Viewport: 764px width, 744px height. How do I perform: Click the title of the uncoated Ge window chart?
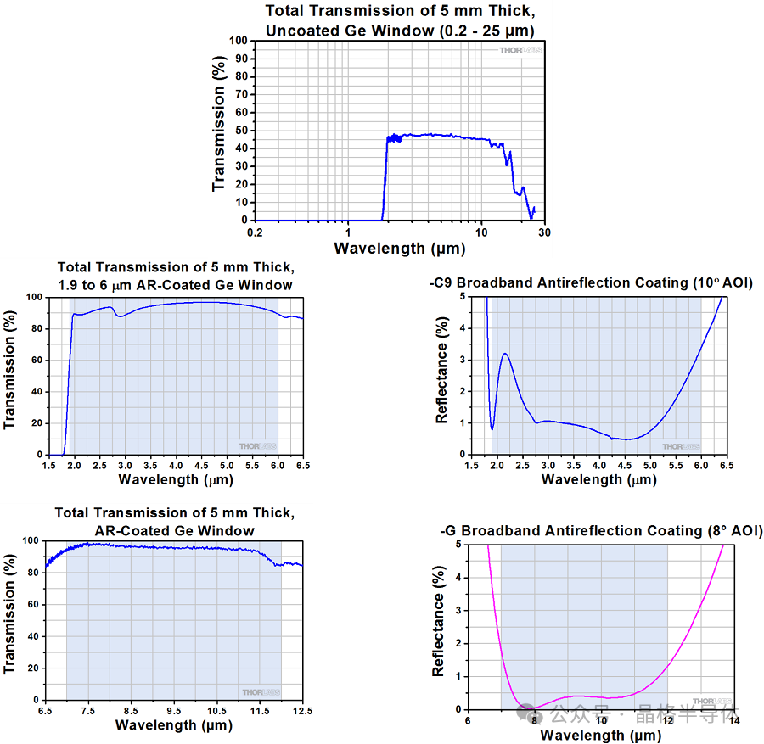(x=401, y=20)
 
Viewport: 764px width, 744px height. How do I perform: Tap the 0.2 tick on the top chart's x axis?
(x=255, y=232)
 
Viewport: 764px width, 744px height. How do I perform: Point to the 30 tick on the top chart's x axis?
(x=543, y=232)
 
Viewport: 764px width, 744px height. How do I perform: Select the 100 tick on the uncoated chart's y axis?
(x=240, y=41)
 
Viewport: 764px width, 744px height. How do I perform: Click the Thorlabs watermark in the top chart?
(x=520, y=50)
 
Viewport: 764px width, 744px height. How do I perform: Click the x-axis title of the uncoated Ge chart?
(x=399, y=248)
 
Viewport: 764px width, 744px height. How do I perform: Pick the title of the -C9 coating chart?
(x=591, y=282)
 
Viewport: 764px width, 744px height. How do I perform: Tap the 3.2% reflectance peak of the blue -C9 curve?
(x=505, y=354)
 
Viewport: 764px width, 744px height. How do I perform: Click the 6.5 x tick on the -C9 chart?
(x=727, y=465)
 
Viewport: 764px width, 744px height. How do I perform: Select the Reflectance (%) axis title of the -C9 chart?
(x=441, y=370)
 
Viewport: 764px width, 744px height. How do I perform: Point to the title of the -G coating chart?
(x=601, y=531)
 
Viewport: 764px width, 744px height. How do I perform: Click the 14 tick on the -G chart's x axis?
(x=733, y=720)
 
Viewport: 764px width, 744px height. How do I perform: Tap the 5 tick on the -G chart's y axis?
(x=458, y=544)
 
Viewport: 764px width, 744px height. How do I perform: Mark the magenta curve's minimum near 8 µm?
(x=532, y=708)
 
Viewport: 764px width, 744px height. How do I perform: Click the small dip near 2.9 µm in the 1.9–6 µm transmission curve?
(x=121, y=316)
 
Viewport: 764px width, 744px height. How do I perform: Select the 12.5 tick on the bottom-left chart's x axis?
(x=303, y=710)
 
